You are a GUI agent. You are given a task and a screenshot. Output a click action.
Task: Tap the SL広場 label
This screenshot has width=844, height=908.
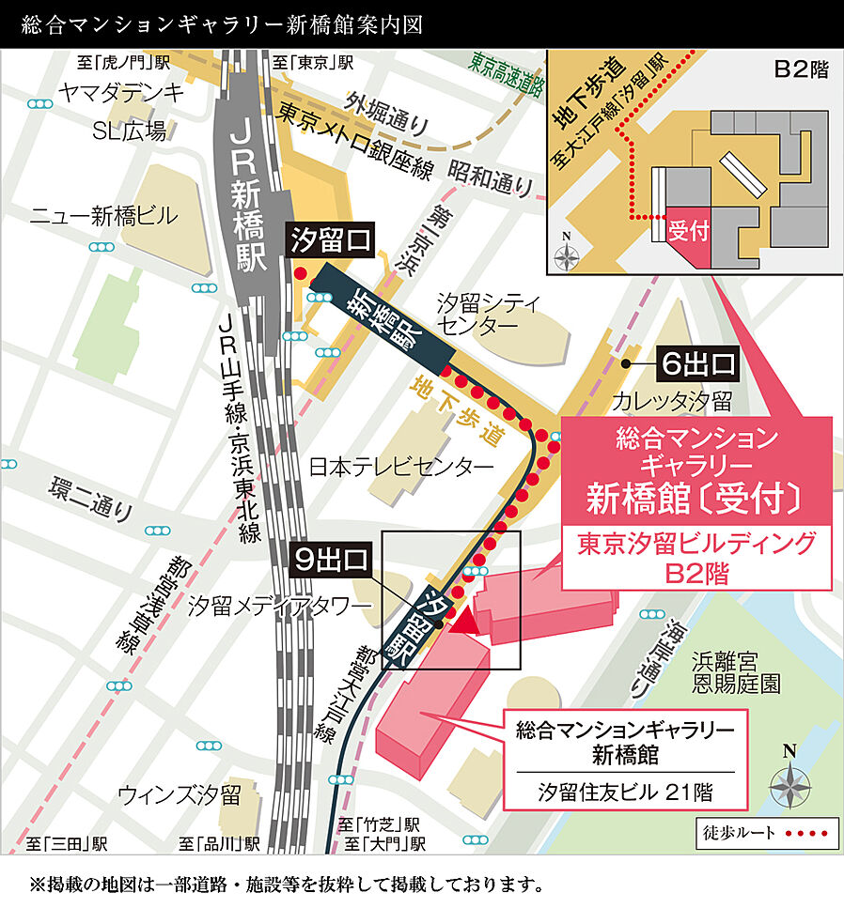point(129,131)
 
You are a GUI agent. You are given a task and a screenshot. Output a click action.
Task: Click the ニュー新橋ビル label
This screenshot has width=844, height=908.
point(103,216)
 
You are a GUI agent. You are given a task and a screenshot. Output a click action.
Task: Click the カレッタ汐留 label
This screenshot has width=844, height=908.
point(672,402)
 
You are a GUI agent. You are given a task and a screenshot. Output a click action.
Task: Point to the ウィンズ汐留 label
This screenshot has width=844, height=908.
point(180,793)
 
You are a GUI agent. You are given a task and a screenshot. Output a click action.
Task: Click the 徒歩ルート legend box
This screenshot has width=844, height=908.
point(765,832)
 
